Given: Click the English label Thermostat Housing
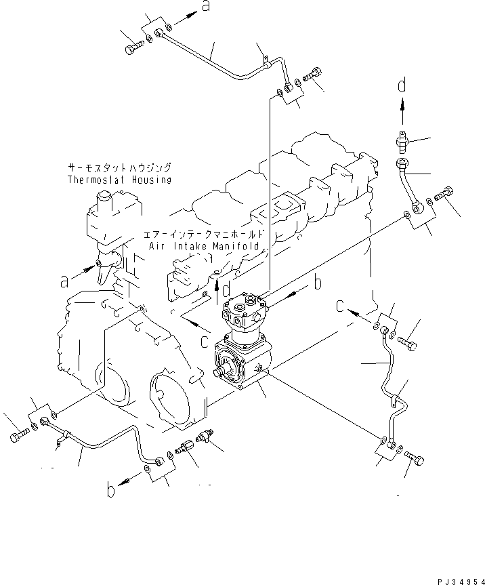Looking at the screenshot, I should pos(119,180).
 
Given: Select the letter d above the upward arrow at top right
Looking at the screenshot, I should pos(402,85).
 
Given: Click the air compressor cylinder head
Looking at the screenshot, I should pos(246,308).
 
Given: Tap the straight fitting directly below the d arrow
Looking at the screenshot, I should pos(402,141).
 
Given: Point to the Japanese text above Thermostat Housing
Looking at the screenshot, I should pos(119,167).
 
